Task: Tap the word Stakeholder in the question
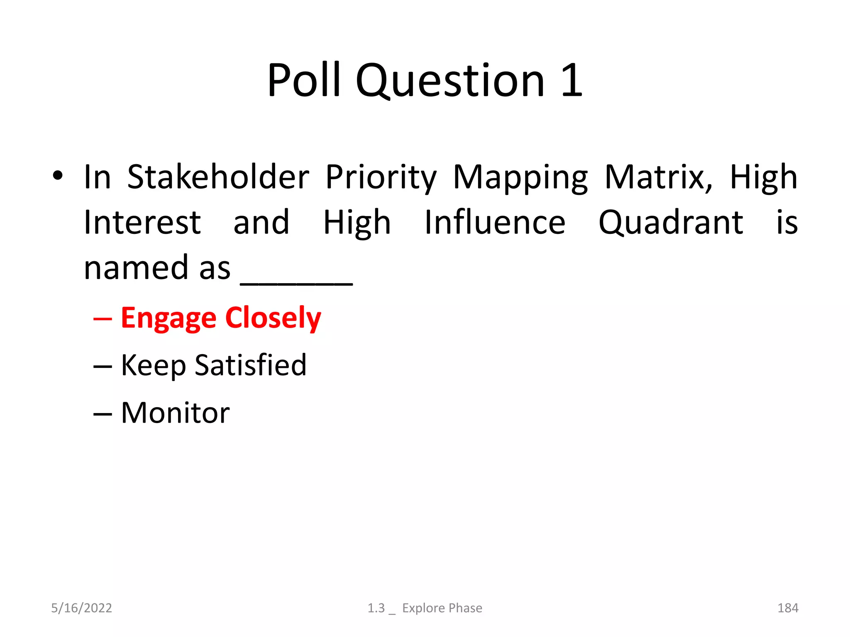point(218,177)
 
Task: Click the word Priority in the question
point(381,177)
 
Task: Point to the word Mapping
point(520,177)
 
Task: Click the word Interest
point(142,223)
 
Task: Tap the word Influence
point(495,223)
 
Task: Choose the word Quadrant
point(671,223)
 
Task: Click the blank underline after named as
point(296,282)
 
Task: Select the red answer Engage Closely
point(221,318)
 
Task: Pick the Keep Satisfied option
point(213,365)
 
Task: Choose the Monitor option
point(175,413)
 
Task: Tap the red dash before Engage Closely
point(103,319)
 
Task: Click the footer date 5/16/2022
point(81,608)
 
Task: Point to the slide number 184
point(787,608)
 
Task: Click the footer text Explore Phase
point(442,608)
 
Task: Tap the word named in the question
point(137,268)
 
